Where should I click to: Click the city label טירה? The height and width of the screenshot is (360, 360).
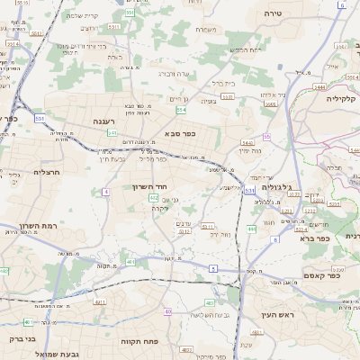[x=274, y=14]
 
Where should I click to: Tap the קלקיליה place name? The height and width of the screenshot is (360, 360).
[x=341, y=99]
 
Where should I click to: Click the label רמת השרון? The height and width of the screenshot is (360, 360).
[x=37, y=226]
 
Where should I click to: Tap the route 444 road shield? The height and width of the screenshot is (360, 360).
[x=251, y=229]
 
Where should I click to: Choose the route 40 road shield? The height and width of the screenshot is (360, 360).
[x=167, y=310]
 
